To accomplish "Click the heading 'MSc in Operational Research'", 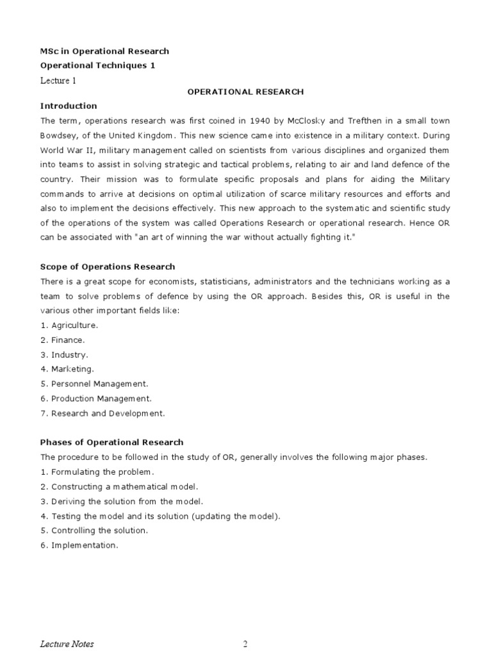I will (x=104, y=51).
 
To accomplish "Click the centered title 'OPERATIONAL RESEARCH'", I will (x=245, y=92).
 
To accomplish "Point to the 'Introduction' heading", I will (x=69, y=106).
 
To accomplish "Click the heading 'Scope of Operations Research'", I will (x=108, y=266).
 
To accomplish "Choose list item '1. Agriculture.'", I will (x=69, y=325).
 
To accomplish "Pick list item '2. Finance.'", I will (x=62, y=340).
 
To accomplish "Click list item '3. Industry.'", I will (x=64, y=354).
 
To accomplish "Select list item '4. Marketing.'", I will (x=67, y=369).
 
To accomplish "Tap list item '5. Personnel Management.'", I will (x=94, y=384).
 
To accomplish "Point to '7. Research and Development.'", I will (x=102, y=413).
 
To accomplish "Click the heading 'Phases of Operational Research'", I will (x=111, y=442).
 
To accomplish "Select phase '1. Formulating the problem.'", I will (x=95, y=471).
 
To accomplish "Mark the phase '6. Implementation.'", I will (x=79, y=545).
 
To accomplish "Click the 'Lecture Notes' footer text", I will (x=67, y=644).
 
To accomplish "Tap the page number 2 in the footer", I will (x=245, y=644).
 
